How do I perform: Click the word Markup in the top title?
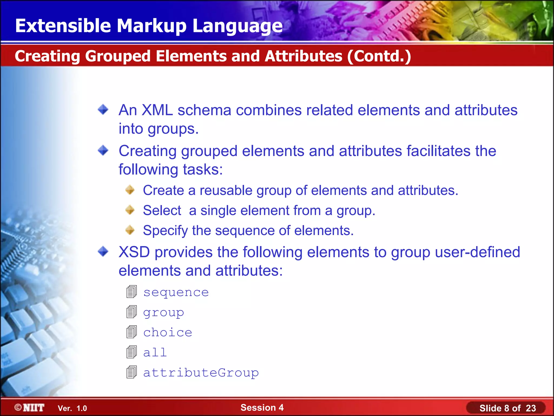pyautogui.click(x=151, y=26)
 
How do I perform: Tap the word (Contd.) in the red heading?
pyautogui.click(x=379, y=56)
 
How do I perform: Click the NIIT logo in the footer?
pyautogui.click(x=29, y=408)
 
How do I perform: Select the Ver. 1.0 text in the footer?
pyautogui.click(x=72, y=408)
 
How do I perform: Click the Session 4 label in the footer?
pyautogui.click(x=262, y=407)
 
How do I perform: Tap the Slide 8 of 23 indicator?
pyautogui.click(x=507, y=408)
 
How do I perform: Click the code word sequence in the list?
pyautogui.click(x=176, y=292)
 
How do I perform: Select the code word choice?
pyautogui.click(x=167, y=333)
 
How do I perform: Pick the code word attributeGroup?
pyautogui.click(x=201, y=373)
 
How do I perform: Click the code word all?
pyautogui.click(x=155, y=353)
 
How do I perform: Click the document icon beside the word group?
pyautogui.click(x=131, y=312)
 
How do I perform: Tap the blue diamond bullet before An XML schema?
pyautogui.click(x=103, y=110)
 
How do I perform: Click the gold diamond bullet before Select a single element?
pyautogui.click(x=130, y=210)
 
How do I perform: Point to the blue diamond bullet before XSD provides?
pyautogui.click(x=103, y=252)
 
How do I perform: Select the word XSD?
pyautogui.click(x=134, y=252)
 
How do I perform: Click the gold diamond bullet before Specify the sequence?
pyautogui.click(x=130, y=230)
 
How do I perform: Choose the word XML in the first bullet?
pyautogui.click(x=157, y=110)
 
